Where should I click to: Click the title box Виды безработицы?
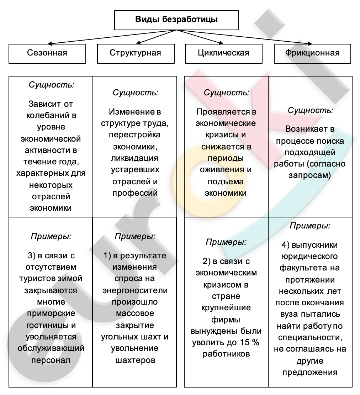tap(176, 20)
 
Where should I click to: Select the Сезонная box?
tap(47, 53)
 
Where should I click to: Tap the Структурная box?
tap(135, 53)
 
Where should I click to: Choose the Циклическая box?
tap(223, 53)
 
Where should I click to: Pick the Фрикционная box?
tap(312, 53)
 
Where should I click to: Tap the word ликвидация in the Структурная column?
tap(135, 158)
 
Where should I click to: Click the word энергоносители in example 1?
tap(135, 290)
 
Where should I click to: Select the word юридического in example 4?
tap(310, 256)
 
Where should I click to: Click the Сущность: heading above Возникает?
tap(310, 110)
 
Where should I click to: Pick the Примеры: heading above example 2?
tap(226, 242)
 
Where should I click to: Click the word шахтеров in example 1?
tap(135, 360)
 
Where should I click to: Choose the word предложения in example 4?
tap(310, 372)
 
